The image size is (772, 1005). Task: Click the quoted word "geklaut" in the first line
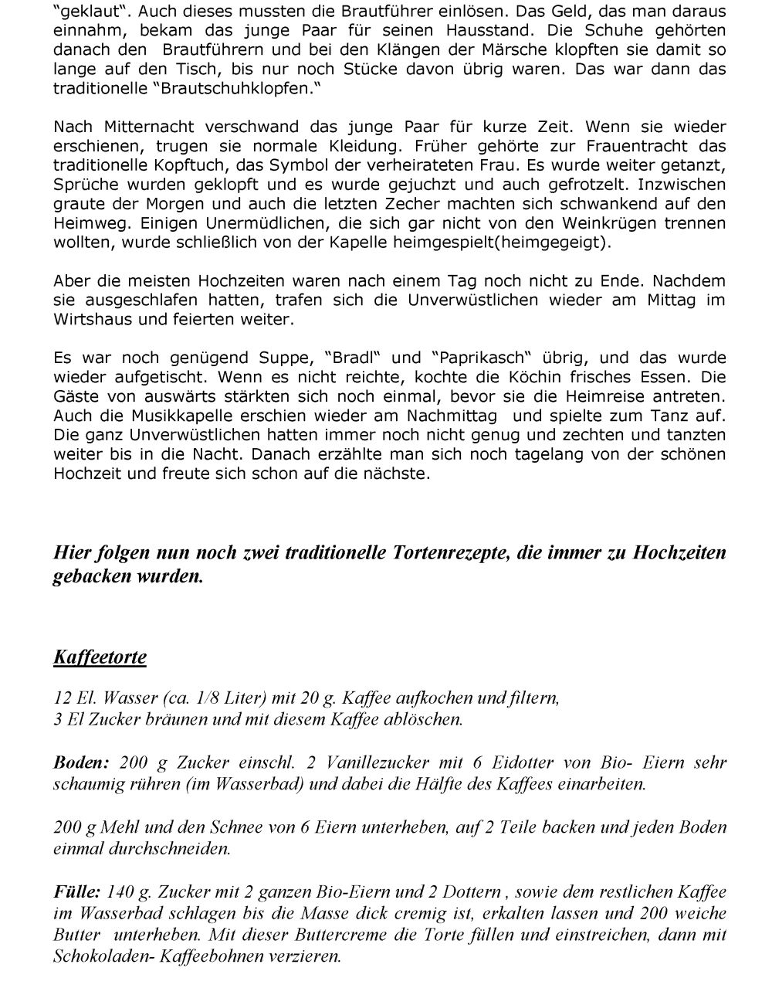[87, 12]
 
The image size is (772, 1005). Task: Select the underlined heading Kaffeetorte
[100, 657]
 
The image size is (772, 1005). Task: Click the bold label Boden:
[82, 762]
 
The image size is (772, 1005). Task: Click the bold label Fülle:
[77, 892]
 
